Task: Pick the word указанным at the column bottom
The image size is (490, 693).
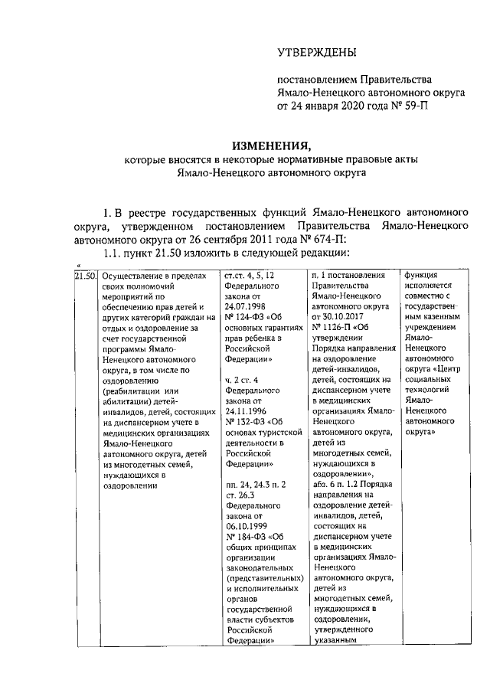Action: click(337, 642)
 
